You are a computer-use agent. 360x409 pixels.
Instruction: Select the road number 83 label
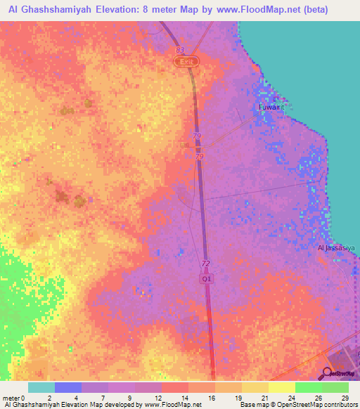click(180, 51)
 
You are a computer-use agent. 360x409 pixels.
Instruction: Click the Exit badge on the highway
click(186, 62)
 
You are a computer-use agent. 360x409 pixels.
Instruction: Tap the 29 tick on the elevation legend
click(345, 397)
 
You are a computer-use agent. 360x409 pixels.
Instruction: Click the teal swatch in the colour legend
click(41, 387)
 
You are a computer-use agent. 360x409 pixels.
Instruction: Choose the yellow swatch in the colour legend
click(282, 387)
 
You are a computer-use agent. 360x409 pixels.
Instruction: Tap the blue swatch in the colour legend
click(68, 387)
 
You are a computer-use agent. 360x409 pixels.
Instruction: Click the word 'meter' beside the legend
click(11, 397)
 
